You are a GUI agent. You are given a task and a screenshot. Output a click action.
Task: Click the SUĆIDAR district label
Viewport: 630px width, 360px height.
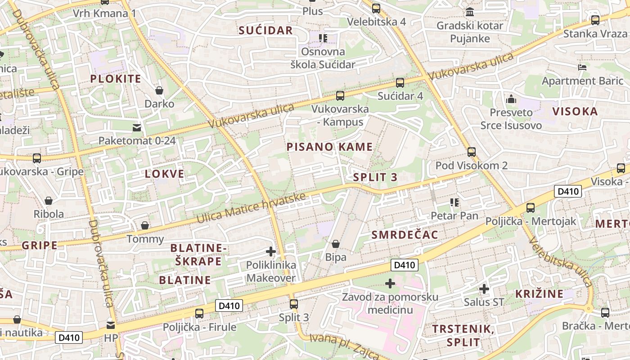(x=265, y=30)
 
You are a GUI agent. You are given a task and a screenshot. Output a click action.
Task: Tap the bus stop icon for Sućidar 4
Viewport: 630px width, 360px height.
(x=400, y=83)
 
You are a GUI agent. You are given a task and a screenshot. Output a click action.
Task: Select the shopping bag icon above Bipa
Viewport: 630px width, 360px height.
(x=336, y=244)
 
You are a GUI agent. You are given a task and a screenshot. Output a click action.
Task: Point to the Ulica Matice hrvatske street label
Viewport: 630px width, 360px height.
(x=251, y=208)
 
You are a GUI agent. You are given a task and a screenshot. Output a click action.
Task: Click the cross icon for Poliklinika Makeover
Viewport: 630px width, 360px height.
(x=271, y=252)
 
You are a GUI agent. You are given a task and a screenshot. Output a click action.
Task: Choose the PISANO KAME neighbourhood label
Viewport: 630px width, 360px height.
(x=329, y=147)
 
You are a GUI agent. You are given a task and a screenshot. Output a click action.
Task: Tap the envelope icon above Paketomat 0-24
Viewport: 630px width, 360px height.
(x=137, y=128)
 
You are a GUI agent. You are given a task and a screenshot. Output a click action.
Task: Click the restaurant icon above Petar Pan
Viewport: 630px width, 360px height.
(x=454, y=203)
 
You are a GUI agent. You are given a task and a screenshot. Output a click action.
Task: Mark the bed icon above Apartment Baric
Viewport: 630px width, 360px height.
(x=582, y=68)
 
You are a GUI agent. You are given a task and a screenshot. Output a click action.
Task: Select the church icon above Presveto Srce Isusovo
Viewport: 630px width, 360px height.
(x=511, y=99)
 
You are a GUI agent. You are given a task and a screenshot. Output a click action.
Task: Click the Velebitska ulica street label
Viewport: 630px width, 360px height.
(x=561, y=261)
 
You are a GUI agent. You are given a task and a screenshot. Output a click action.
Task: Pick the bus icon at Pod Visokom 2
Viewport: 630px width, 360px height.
(x=471, y=152)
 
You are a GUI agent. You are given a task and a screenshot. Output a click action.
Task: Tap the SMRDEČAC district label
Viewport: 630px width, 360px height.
(x=405, y=234)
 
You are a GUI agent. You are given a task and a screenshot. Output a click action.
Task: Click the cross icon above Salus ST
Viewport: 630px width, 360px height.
(x=484, y=288)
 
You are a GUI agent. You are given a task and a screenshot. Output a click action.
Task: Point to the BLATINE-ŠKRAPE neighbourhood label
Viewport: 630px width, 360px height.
(x=198, y=254)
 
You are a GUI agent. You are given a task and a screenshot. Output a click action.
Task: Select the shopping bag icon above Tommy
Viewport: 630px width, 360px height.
(x=145, y=225)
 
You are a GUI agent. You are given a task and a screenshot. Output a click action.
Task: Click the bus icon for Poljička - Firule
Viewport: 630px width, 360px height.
(x=199, y=314)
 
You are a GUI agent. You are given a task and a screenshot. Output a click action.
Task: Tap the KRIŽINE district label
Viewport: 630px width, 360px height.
(x=539, y=294)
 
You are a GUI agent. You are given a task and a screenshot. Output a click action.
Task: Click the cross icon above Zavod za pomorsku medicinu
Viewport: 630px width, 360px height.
(x=390, y=283)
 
